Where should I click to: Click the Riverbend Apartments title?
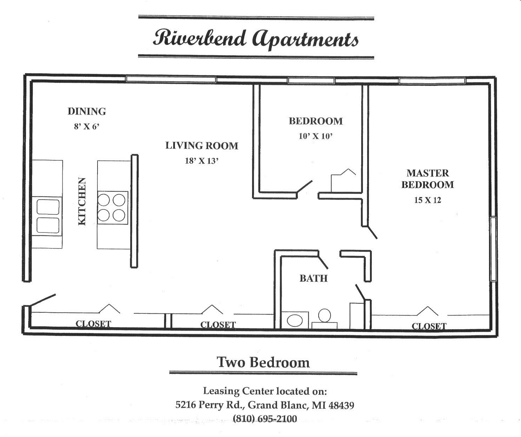(x=256, y=38)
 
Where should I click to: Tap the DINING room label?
(x=87, y=111)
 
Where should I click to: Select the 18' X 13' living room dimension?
(x=202, y=161)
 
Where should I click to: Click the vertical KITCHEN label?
(x=82, y=201)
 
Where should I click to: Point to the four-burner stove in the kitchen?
(x=112, y=207)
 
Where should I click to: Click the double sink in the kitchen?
(x=48, y=216)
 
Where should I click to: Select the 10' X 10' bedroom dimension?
(x=315, y=136)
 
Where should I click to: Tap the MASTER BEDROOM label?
(x=427, y=179)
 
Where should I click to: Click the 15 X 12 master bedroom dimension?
(x=427, y=200)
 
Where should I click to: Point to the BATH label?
(x=313, y=279)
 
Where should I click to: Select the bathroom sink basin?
(x=295, y=320)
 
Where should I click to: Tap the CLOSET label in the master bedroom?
(x=429, y=326)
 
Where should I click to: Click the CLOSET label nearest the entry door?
(x=93, y=324)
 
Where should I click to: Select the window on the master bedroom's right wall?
(x=493, y=249)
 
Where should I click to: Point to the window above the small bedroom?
(x=311, y=81)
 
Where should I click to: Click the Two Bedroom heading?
(x=263, y=362)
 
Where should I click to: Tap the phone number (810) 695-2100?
(x=265, y=419)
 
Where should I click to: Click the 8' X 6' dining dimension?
(x=87, y=126)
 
